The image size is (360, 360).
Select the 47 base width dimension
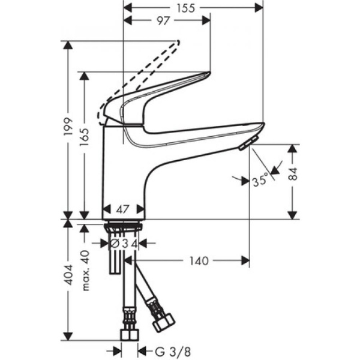(123, 210)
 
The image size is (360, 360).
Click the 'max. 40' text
(86, 270)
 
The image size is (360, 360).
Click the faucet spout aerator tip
(245, 144)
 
